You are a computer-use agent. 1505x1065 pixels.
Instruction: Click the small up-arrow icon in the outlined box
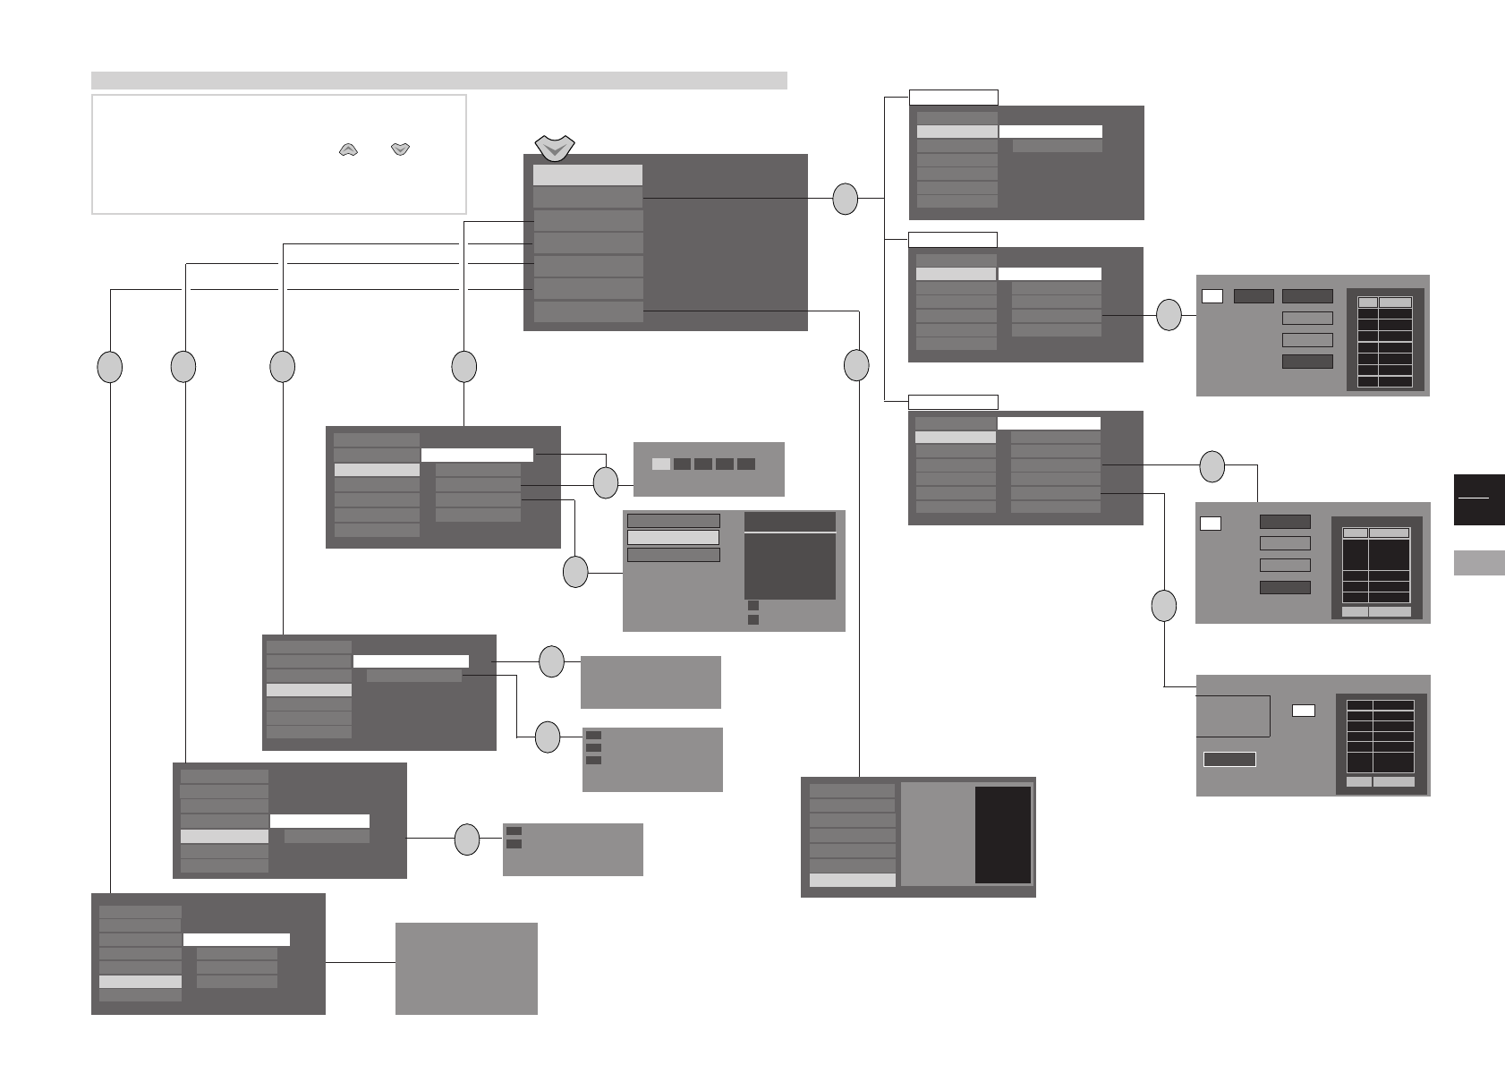tap(348, 150)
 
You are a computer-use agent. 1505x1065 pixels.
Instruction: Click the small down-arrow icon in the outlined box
tap(400, 150)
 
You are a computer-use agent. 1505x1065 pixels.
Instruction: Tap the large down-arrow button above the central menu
tap(554, 147)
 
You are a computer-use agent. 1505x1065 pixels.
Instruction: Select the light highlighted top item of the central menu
tap(587, 175)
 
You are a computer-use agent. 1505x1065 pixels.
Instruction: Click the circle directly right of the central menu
tap(845, 199)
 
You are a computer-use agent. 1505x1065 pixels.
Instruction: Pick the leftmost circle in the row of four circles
tap(109, 366)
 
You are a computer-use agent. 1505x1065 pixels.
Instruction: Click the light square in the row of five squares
tap(660, 464)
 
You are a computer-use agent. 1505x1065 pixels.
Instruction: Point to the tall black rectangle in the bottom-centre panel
tap(1002, 835)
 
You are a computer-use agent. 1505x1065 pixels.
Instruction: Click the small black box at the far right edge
tap(1479, 498)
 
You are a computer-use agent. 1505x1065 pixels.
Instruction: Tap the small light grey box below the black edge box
tap(1479, 562)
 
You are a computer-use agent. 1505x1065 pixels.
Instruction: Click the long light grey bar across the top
tap(438, 81)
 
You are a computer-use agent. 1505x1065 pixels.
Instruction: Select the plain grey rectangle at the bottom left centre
tap(466, 968)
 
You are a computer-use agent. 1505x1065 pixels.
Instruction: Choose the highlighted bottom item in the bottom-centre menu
tap(852, 880)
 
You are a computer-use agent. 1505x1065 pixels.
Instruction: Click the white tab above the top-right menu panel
tap(953, 98)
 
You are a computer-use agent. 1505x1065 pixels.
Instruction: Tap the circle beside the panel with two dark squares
tap(467, 839)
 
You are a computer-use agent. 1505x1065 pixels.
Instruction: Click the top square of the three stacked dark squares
tap(593, 735)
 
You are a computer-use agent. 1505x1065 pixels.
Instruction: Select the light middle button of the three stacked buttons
tap(673, 537)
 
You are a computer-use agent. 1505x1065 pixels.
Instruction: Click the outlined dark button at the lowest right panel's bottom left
tap(1229, 759)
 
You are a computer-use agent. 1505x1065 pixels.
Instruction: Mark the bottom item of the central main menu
tap(588, 311)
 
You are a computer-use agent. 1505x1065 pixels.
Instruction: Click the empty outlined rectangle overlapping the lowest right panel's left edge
tap(1234, 715)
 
